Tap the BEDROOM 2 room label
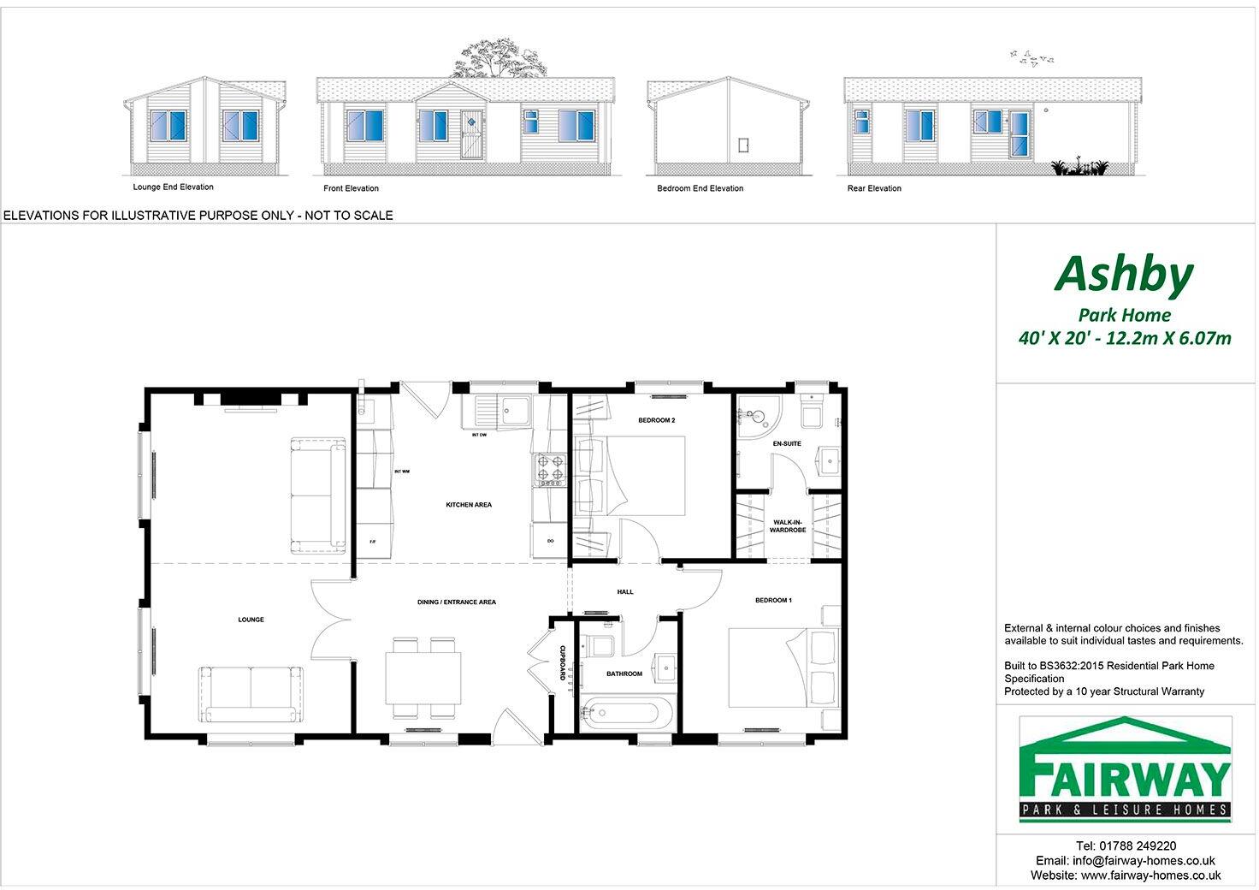click(x=657, y=420)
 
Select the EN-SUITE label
click(x=787, y=444)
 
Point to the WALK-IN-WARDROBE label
click(x=788, y=525)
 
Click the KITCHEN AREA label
click(x=469, y=505)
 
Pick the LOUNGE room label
click(x=251, y=620)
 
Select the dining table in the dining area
click(x=423, y=677)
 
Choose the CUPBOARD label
click(x=562, y=662)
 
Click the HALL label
click(x=625, y=592)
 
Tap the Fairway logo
click(x=1125, y=770)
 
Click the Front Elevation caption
click(x=351, y=188)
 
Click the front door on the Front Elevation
click(x=472, y=135)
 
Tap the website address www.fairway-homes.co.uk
click(x=1150, y=875)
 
